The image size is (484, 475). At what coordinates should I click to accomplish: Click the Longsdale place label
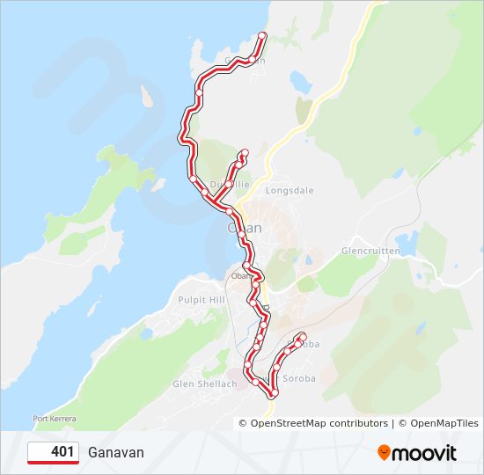click(x=290, y=190)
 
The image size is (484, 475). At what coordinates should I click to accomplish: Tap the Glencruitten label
click(x=370, y=251)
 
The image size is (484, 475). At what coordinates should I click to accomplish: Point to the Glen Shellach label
click(x=205, y=384)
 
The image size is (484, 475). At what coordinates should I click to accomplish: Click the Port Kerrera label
click(x=52, y=418)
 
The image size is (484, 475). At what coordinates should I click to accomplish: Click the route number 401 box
click(x=53, y=452)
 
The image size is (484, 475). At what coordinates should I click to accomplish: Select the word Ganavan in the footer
click(x=115, y=452)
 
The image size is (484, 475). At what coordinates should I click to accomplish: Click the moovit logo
click(x=417, y=453)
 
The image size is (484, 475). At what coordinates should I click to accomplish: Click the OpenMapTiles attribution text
click(x=444, y=423)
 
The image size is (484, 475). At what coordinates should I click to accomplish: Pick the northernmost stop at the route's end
click(x=262, y=35)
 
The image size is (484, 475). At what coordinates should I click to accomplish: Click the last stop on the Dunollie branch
click(x=245, y=153)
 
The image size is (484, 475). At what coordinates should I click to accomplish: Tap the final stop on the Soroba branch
click(x=302, y=335)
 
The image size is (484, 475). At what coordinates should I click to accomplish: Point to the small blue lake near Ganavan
click(x=301, y=83)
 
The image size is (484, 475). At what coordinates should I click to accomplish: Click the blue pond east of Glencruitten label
click(x=407, y=241)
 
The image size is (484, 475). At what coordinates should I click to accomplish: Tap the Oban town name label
click(x=245, y=227)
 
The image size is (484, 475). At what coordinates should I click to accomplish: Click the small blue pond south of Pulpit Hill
click(x=146, y=334)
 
